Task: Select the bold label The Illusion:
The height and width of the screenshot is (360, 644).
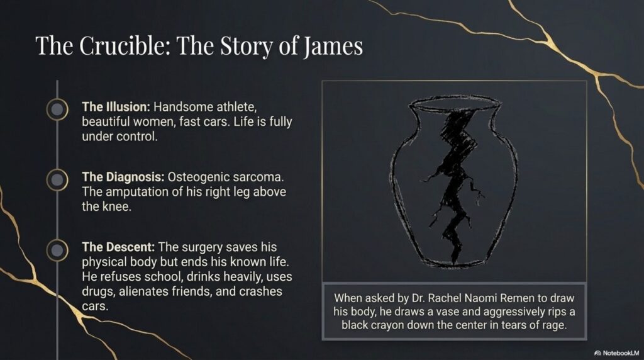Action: pos(116,107)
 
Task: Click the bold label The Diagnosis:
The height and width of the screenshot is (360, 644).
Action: pos(123,177)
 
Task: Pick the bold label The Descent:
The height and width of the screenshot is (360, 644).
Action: pos(118,247)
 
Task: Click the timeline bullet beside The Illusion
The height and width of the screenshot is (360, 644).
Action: pos(57,110)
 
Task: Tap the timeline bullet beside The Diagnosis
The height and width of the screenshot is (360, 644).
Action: pos(57,179)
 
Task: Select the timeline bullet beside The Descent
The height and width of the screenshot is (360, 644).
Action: pos(57,250)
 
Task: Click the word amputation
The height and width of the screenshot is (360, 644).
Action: pos(140,193)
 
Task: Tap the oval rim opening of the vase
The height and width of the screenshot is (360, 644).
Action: pos(455,98)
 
